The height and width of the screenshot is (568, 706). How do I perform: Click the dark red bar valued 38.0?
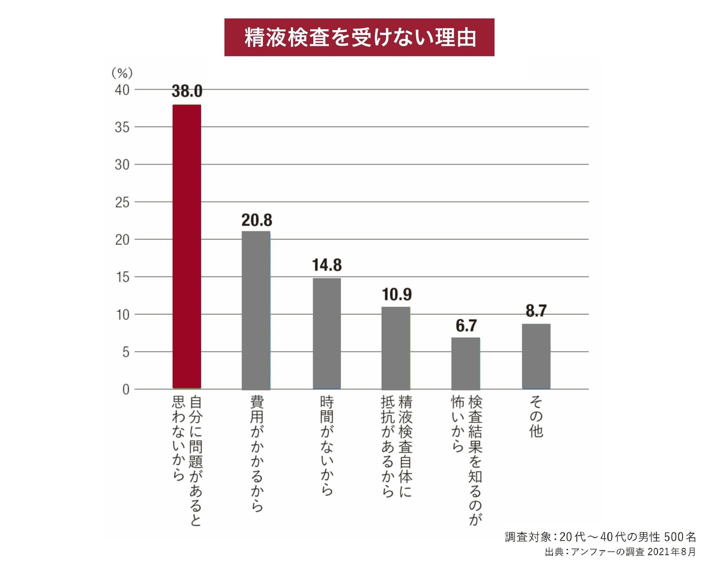(x=187, y=246)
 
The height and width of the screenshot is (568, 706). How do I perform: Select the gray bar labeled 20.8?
(x=256, y=310)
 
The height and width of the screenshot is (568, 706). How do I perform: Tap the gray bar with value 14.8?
(x=327, y=333)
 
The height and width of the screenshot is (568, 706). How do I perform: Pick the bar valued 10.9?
(x=396, y=348)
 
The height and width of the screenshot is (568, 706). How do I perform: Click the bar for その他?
(x=536, y=356)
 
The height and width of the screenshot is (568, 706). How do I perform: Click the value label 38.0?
(x=187, y=91)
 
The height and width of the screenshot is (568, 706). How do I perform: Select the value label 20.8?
(x=257, y=220)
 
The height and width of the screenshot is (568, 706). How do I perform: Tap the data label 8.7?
(x=536, y=310)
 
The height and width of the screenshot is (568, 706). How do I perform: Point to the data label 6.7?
(x=466, y=325)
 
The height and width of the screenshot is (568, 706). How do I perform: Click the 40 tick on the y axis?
(x=122, y=90)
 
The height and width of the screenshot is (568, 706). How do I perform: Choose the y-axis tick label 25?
(x=122, y=202)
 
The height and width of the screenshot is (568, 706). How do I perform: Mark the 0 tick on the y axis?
(x=126, y=389)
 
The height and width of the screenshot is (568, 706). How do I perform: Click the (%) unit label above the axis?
(x=122, y=73)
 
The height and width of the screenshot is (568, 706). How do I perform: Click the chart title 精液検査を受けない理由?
(x=359, y=37)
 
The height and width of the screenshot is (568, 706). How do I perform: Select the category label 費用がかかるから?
(x=257, y=454)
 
